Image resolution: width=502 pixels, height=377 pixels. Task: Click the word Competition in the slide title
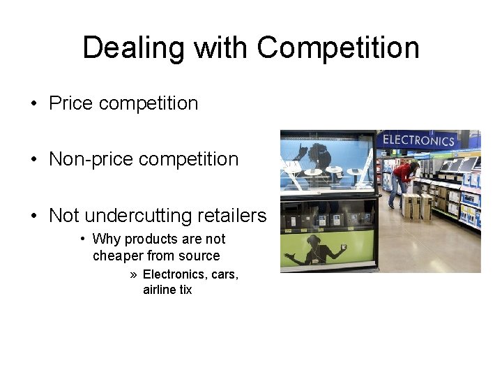click(x=338, y=48)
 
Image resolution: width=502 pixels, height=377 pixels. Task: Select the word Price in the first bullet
click(x=71, y=103)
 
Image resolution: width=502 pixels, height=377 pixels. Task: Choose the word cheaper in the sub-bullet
click(x=117, y=256)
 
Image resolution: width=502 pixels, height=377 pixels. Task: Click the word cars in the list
click(x=223, y=274)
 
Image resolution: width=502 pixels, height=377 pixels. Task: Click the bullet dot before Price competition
click(x=34, y=104)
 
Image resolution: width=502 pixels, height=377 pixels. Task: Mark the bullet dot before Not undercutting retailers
click(x=34, y=216)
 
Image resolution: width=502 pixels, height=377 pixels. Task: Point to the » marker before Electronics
click(x=133, y=274)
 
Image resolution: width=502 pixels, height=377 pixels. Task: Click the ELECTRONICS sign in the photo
click(x=418, y=140)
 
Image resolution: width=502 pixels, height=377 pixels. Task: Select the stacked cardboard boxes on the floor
click(x=416, y=206)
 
